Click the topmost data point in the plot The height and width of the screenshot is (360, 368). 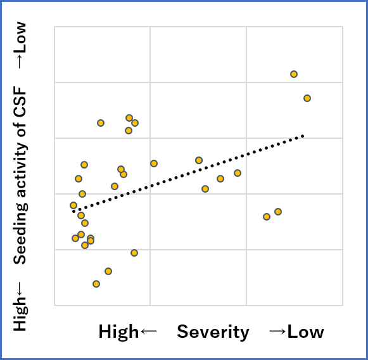click(x=294, y=74)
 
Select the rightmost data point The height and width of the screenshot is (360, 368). click(x=307, y=98)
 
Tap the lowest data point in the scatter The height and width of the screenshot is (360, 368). click(x=96, y=284)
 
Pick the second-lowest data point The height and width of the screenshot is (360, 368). click(x=108, y=271)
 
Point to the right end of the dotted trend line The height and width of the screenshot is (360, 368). click(x=304, y=136)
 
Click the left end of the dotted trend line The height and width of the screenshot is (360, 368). click(x=73, y=211)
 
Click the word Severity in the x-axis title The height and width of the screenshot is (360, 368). click(x=213, y=332)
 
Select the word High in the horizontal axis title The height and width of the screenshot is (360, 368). click(x=118, y=332)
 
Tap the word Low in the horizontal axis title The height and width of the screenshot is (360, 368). click(x=306, y=332)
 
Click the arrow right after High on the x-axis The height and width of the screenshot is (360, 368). click(x=148, y=332)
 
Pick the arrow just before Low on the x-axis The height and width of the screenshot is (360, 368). click(x=276, y=332)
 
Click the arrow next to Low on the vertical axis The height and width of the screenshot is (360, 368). click(x=20, y=61)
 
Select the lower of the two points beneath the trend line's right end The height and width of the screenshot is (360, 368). click(x=267, y=217)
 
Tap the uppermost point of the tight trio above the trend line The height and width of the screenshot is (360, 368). click(x=129, y=118)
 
